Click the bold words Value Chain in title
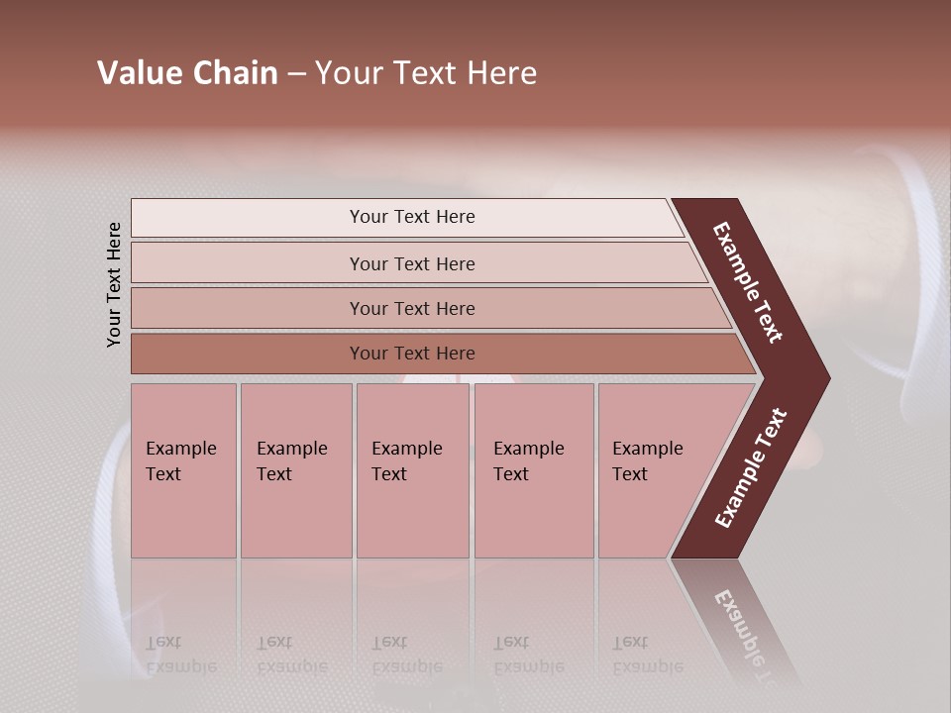[x=187, y=73]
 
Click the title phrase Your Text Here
[x=426, y=73]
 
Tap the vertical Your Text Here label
[x=114, y=284]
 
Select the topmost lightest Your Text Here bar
[x=411, y=217]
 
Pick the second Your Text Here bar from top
[x=411, y=263]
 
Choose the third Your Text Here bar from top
[x=411, y=308]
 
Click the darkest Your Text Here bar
[x=411, y=354]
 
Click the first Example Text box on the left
[x=183, y=470]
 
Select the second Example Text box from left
[x=295, y=470]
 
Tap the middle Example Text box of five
[x=412, y=470]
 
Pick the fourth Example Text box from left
[x=533, y=470]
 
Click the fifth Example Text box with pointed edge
[x=659, y=470]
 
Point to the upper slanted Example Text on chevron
[x=748, y=282]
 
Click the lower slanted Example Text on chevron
[x=751, y=468]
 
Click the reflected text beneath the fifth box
[x=647, y=655]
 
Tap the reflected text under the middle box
[x=406, y=655]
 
